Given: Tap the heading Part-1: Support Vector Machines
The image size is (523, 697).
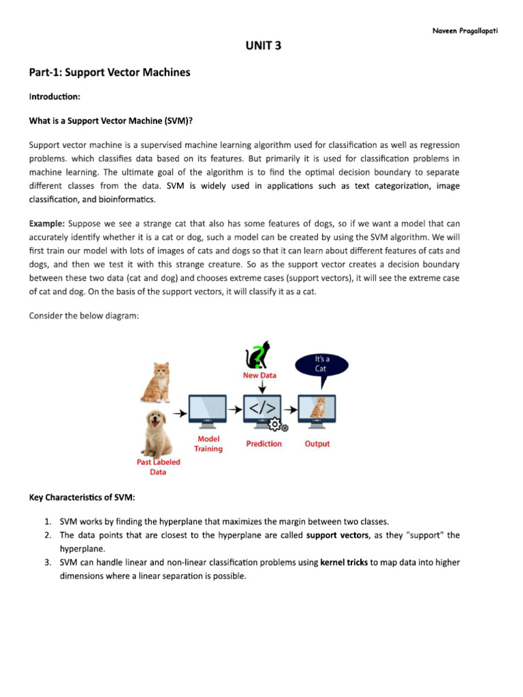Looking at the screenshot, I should (x=110, y=72).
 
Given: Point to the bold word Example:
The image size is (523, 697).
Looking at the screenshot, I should (x=47, y=223).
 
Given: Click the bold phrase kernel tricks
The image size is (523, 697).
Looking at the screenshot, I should (x=344, y=562).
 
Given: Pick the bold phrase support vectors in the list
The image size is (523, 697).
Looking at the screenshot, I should (x=337, y=535).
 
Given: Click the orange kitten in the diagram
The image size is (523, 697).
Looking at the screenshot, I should (x=156, y=382).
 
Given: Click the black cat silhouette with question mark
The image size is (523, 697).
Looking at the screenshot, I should (x=257, y=355).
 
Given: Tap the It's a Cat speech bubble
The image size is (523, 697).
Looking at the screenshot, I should (x=321, y=364).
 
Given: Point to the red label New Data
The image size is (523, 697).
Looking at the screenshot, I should (x=260, y=375).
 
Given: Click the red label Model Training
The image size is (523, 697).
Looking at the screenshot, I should (x=208, y=444).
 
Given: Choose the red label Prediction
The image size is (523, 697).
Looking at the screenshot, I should (x=264, y=444).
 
